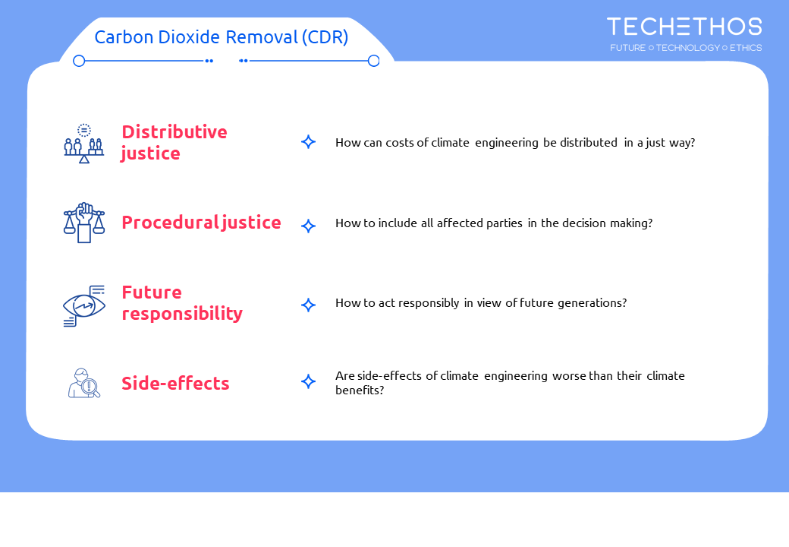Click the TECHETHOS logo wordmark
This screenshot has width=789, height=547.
coord(684,27)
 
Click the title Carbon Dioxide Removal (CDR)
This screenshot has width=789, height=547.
coord(222,37)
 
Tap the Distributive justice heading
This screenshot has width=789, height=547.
coord(174,143)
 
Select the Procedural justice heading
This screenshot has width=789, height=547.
coord(201,223)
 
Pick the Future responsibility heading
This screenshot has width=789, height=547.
coord(182,303)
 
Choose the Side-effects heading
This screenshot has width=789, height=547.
coord(175,384)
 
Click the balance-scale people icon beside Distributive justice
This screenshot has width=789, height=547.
coord(84,144)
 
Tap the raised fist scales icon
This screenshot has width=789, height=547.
coord(84,223)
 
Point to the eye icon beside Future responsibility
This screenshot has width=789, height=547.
coord(84,305)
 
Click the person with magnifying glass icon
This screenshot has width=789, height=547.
coord(84,384)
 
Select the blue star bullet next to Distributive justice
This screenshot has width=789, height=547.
coord(309,142)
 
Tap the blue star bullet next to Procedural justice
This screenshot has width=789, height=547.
coord(309,226)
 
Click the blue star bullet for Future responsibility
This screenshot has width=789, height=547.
coord(309,305)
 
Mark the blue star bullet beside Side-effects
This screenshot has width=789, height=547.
coord(309,381)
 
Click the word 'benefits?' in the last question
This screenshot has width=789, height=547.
coord(360,390)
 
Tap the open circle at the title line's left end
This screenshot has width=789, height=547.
coord(79,61)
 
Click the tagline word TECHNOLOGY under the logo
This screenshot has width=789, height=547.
coord(688,48)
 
